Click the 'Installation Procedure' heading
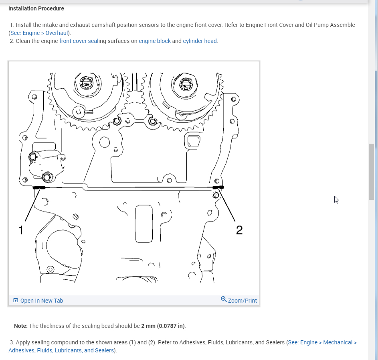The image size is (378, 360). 36,8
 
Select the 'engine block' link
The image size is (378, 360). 155,41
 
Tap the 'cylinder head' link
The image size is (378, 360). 200,41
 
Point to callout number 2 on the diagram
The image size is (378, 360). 239,230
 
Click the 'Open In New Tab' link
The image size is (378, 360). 41,301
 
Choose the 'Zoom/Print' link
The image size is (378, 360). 242,301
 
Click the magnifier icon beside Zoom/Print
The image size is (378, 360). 224,299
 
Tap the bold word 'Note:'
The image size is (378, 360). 21,326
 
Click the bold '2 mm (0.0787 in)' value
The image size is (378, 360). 163,326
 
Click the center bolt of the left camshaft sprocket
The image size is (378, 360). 85,83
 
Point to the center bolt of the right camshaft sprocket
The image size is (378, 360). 186,84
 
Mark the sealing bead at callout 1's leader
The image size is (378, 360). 40,187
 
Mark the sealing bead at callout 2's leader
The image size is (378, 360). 218,187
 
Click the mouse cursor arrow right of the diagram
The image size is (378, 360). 336,199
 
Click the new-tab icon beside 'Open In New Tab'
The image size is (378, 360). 16,301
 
